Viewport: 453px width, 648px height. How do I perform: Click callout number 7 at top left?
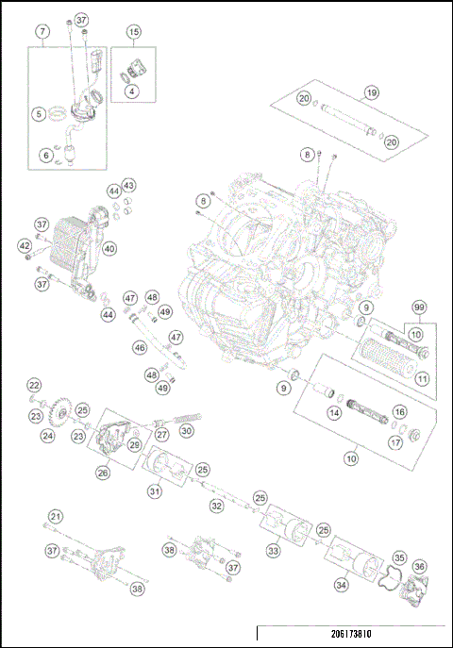tap(42, 32)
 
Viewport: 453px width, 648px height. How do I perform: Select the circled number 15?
tap(134, 32)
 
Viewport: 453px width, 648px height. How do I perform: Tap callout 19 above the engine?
tap(372, 93)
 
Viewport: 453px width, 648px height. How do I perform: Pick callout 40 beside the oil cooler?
tap(109, 249)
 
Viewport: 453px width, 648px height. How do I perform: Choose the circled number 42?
tap(25, 245)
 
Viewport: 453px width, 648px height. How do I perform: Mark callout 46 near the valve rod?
tap(140, 348)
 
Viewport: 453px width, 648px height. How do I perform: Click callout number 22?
tap(34, 385)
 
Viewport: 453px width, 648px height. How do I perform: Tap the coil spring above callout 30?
tap(187, 415)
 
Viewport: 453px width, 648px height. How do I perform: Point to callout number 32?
tap(216, 506)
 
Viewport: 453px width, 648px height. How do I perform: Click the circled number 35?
tap(399, 557)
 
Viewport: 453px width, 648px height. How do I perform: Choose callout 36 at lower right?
tap(420, 566)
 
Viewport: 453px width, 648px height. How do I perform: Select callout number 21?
tap(56, 516)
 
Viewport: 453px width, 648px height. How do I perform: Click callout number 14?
tap(334, 412)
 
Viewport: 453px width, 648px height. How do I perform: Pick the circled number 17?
tap(395, 441)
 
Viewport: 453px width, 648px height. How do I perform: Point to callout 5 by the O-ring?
tap(40, 114)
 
